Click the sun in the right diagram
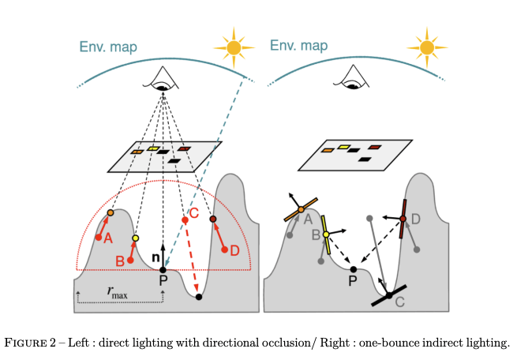point(427,47)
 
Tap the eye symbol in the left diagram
point(163,78)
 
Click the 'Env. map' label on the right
point(298,46)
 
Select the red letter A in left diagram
point(108,237)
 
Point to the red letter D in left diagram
point(234,250)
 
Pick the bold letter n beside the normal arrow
point(155,257)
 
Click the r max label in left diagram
point(119,291)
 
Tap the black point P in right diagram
point(354,270)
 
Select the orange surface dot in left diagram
point(111,213)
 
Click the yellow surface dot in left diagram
point(136,238)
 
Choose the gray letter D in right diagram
point(416,217)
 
